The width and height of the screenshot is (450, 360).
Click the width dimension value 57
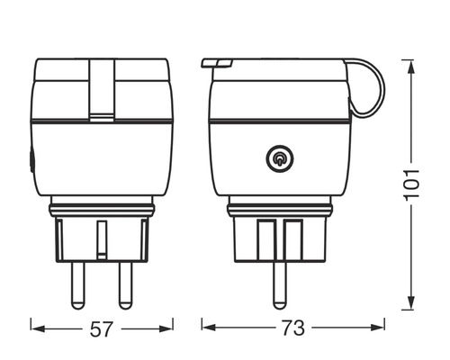click(x=103, y=329)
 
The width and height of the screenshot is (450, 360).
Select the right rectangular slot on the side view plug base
click(x=291, y=238)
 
